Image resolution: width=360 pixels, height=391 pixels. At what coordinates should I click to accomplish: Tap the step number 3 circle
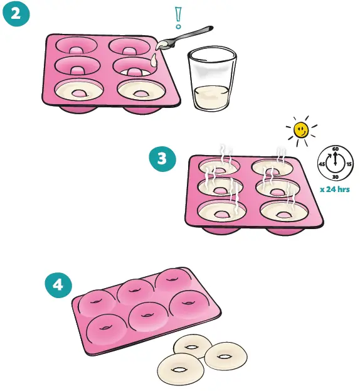pyautogui.click(x=162, y=159)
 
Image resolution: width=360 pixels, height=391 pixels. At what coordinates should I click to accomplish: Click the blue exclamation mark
pyautogui.click(x=178, y=18)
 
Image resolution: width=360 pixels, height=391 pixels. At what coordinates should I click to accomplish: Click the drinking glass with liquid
pyautogui.click(x=211, y=80)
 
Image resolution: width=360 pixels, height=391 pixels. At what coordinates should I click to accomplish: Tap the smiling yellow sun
pyautogui.click(x=302, y=130)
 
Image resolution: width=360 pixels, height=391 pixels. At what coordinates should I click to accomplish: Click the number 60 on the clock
pyautogui.click(x=336, y=149)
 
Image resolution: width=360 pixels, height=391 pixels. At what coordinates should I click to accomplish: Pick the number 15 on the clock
pyautogui.click(x=349, y=164)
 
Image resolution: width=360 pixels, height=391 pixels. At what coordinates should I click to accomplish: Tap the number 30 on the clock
pyautogui.click(x=336, y=178)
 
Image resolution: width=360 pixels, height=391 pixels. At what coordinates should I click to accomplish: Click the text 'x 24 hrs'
pyautogui.click(x=334, y=189)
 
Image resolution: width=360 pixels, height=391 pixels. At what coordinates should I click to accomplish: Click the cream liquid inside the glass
pyautogui.click(x=211, y=97)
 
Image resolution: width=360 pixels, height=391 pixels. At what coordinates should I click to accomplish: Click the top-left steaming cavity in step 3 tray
pyautogui.click(x=220, y=168)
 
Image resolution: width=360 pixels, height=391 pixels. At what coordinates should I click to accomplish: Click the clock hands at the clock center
pyautogui.click(x=336, y=163)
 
